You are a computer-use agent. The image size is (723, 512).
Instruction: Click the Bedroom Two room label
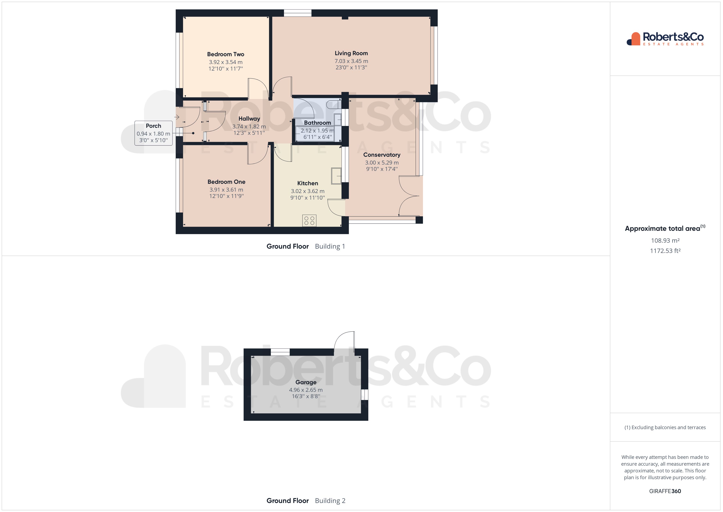pyautogui.click(x=225, y=54)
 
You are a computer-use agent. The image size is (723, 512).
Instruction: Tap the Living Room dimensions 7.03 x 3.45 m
pyautogui.click(x=351, y=61)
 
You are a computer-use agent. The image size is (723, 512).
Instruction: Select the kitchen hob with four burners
pyautogui.click(x=309, y=220)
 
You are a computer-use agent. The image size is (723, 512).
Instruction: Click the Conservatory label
pyautogui.click(x=382, y=155)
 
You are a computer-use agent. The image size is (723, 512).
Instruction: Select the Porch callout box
pyautogui.click(x=153, y=133)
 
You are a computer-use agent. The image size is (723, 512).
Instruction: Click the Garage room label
pyautogui.click(x=306, y=382)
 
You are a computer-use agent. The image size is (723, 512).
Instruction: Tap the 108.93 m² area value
pyautogui.click(x=665, y=241)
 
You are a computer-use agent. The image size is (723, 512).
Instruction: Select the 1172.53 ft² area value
pyautogui.click(x=665, y=251)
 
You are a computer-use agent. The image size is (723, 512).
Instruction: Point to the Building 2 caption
pyautogui.click(x=330, y=501)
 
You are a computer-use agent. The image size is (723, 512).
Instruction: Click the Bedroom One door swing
pyautogui.click(x=258, y=154)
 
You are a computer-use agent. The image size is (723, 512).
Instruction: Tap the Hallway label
pyautogui.click(x=249, y=119)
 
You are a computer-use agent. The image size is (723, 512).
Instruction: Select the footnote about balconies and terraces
pyautogui.click(x=665, y=427)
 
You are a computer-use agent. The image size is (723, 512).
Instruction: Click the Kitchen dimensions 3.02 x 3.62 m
pyautogui.click(x=307, y=191)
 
